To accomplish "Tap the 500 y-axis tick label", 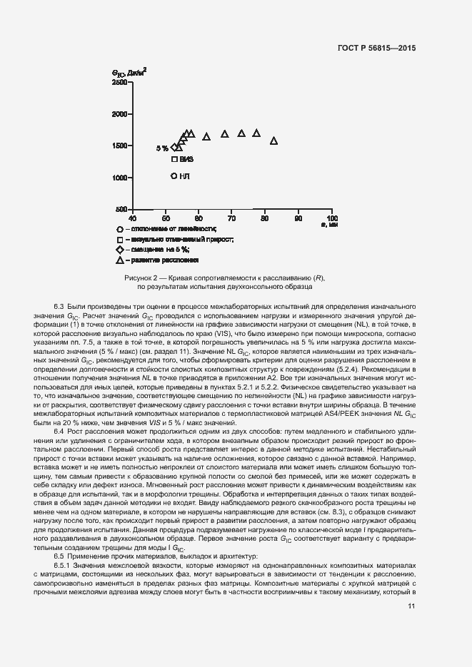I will [122, 209].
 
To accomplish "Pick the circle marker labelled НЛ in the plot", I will [174, 175].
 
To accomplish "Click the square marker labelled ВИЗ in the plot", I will [174, 159].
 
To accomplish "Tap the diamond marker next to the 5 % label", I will [174, 148].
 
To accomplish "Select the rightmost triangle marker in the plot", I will [273, 141].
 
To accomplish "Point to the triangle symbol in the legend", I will [119, 261].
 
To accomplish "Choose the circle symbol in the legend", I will [119, 229].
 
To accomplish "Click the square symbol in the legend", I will [119, 240].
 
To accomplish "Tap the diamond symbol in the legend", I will [119, 250].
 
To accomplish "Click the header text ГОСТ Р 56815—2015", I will [376, 47].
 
